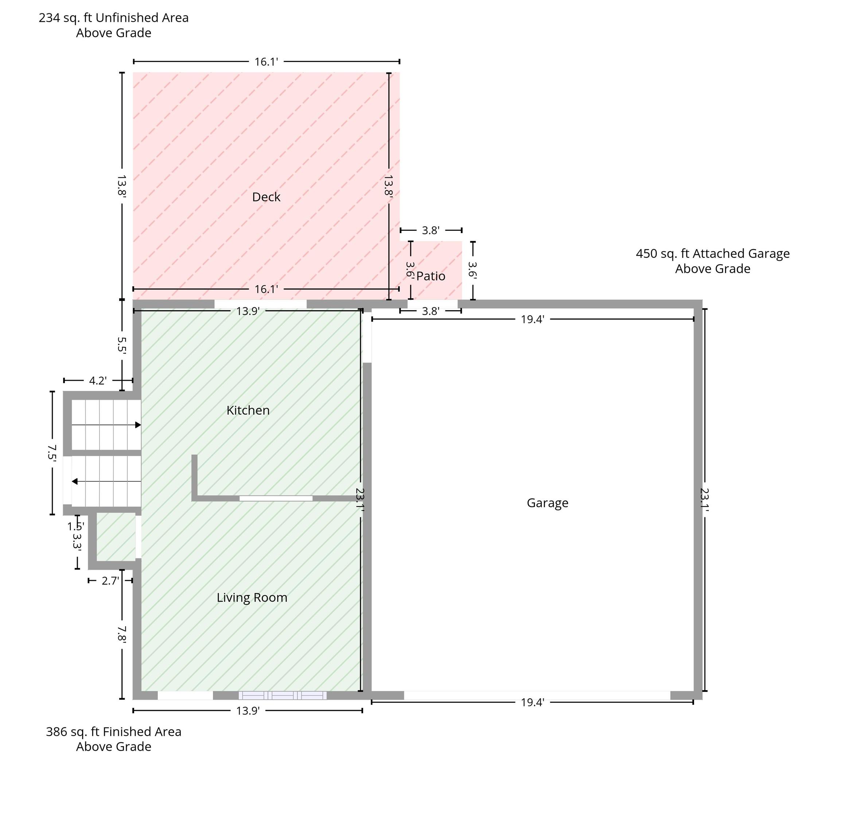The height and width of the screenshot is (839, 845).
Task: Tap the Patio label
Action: (431, 276)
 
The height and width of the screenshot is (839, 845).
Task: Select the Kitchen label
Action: (248, 410)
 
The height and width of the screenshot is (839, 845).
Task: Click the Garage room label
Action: (548, 503)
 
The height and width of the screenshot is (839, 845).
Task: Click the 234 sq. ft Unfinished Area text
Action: (114, 18)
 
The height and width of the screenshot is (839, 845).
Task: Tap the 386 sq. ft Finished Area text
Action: (114, 732)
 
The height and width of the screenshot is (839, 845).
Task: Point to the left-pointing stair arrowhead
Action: (75, 481)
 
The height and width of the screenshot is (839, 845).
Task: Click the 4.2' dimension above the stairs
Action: (98, 381)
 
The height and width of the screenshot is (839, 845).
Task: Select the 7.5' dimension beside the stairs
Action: (52, 453)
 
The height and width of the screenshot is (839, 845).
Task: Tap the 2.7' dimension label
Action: (110, 581)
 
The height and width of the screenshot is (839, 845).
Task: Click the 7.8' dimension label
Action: (122, 634)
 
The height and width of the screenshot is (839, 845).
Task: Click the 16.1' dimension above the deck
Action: (266, 62)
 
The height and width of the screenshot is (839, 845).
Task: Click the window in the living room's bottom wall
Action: (283, 696)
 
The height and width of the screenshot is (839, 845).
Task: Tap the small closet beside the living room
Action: (116, 537)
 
